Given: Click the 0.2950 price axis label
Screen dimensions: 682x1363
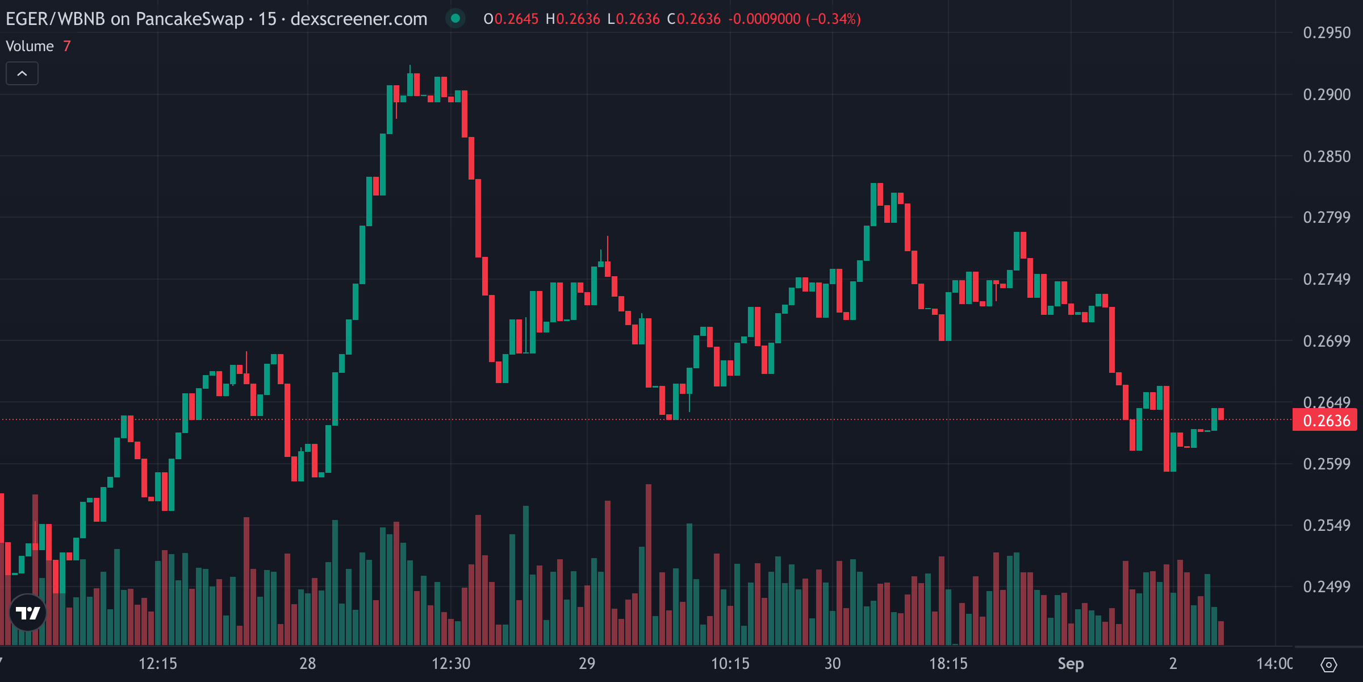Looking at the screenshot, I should pos(1326,33).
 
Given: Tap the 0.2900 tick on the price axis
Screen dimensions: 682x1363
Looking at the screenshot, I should pos(1326,94).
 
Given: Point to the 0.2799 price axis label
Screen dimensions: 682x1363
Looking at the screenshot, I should pos(1326,217).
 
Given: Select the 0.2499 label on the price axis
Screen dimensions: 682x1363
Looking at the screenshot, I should pos(1326,587).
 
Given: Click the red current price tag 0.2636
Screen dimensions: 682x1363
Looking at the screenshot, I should pos(1326,421).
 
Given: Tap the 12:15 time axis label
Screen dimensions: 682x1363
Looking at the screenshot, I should pos(158,663).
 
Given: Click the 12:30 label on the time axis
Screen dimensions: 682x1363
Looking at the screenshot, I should pos(451,663).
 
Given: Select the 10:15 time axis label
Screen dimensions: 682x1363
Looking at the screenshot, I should pos(730,663).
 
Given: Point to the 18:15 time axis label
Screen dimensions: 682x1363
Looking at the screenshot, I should pos(948,663).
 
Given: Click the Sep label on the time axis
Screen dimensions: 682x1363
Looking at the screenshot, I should pos(1071,663).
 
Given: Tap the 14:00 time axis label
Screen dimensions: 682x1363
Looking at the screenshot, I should pos(1274,663).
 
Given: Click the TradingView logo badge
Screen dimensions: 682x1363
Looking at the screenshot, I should pos(28,613).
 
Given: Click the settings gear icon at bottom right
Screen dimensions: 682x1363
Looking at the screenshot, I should pos(1329,664).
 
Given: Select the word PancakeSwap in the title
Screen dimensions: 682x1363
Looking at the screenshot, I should pos(190,19).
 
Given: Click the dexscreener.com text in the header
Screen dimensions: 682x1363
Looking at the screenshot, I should pos(359,19).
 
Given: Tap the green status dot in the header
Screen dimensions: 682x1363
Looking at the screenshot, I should pos(455,18).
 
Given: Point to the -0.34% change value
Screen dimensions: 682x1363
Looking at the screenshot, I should pos(834,19).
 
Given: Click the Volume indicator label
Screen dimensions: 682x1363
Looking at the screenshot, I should pos(30,46).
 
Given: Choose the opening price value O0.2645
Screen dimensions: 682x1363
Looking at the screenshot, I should pos(511,19).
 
